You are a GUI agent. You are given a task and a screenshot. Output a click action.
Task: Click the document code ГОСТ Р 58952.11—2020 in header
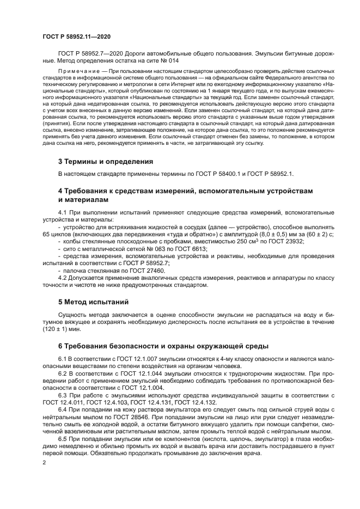[77, 36]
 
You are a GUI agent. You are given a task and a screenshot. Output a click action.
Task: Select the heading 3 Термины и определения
[105, 162]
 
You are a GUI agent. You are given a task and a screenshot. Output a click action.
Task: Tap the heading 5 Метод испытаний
[93, 301]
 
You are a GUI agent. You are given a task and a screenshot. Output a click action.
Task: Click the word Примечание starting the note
[82, 71]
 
